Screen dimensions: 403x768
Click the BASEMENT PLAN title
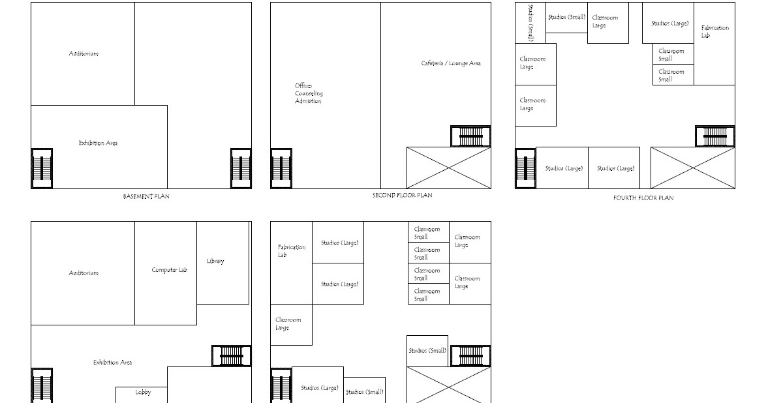pyautogui.click(x=146, y=196)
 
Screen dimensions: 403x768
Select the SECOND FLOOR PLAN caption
pyautogui.click(x=402, y=195)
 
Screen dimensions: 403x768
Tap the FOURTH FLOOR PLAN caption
pyautogui.click(x=643, y=198)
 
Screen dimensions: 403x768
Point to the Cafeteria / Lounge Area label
pyautogui.click(x=451, y=63)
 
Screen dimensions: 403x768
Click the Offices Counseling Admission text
pyautogui.click(x=308, y=93)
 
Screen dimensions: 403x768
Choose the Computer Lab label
pyautogui.click(x=169, y=270)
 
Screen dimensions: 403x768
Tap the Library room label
pyautogui.click(x=215, y=261)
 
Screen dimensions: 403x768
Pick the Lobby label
pyautogui.click(x=143, y=393)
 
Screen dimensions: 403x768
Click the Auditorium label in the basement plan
pyautogui.click(x=84, y=53)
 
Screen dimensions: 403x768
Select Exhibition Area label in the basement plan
pyautogui.click(x=98, y=143)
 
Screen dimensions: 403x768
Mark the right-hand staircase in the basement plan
pyautogui.click(x=241, y=168)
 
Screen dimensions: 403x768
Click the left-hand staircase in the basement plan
pyautogui.click(x=42, y=168)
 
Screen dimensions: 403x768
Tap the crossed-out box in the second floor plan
pyautogui.click(x=448, y=168)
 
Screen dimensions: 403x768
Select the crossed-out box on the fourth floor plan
pyautogui.click(x=692, y=168)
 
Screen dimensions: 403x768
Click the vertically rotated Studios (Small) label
pyautogui.click(x=530, y=23)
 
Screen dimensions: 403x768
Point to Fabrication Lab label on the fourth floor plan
pyautogui.click(x=714, y=31)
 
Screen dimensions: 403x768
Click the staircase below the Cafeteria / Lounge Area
pyautogui.click(x=470, y=136)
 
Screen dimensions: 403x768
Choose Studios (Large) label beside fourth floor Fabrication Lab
pyautogui.click(x=669, y=23)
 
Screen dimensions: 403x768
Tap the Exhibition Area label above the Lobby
pyautogui.click(x=112, y=362)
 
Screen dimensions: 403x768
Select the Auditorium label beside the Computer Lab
pyautogui.click(x=84, y=273)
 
